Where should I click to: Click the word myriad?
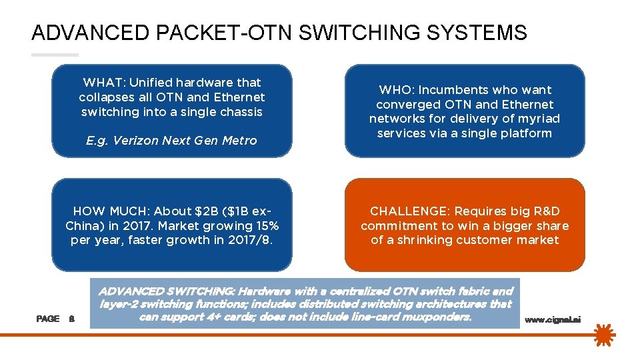click(x=539, y=119)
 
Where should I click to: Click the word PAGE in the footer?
click(x=47, y=319)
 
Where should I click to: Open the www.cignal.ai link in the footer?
click(x=553, y=320)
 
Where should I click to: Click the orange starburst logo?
click(x=605, y=335)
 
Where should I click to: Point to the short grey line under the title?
click(x=55, y=55)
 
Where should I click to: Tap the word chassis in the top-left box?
click(x=241, y=112)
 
